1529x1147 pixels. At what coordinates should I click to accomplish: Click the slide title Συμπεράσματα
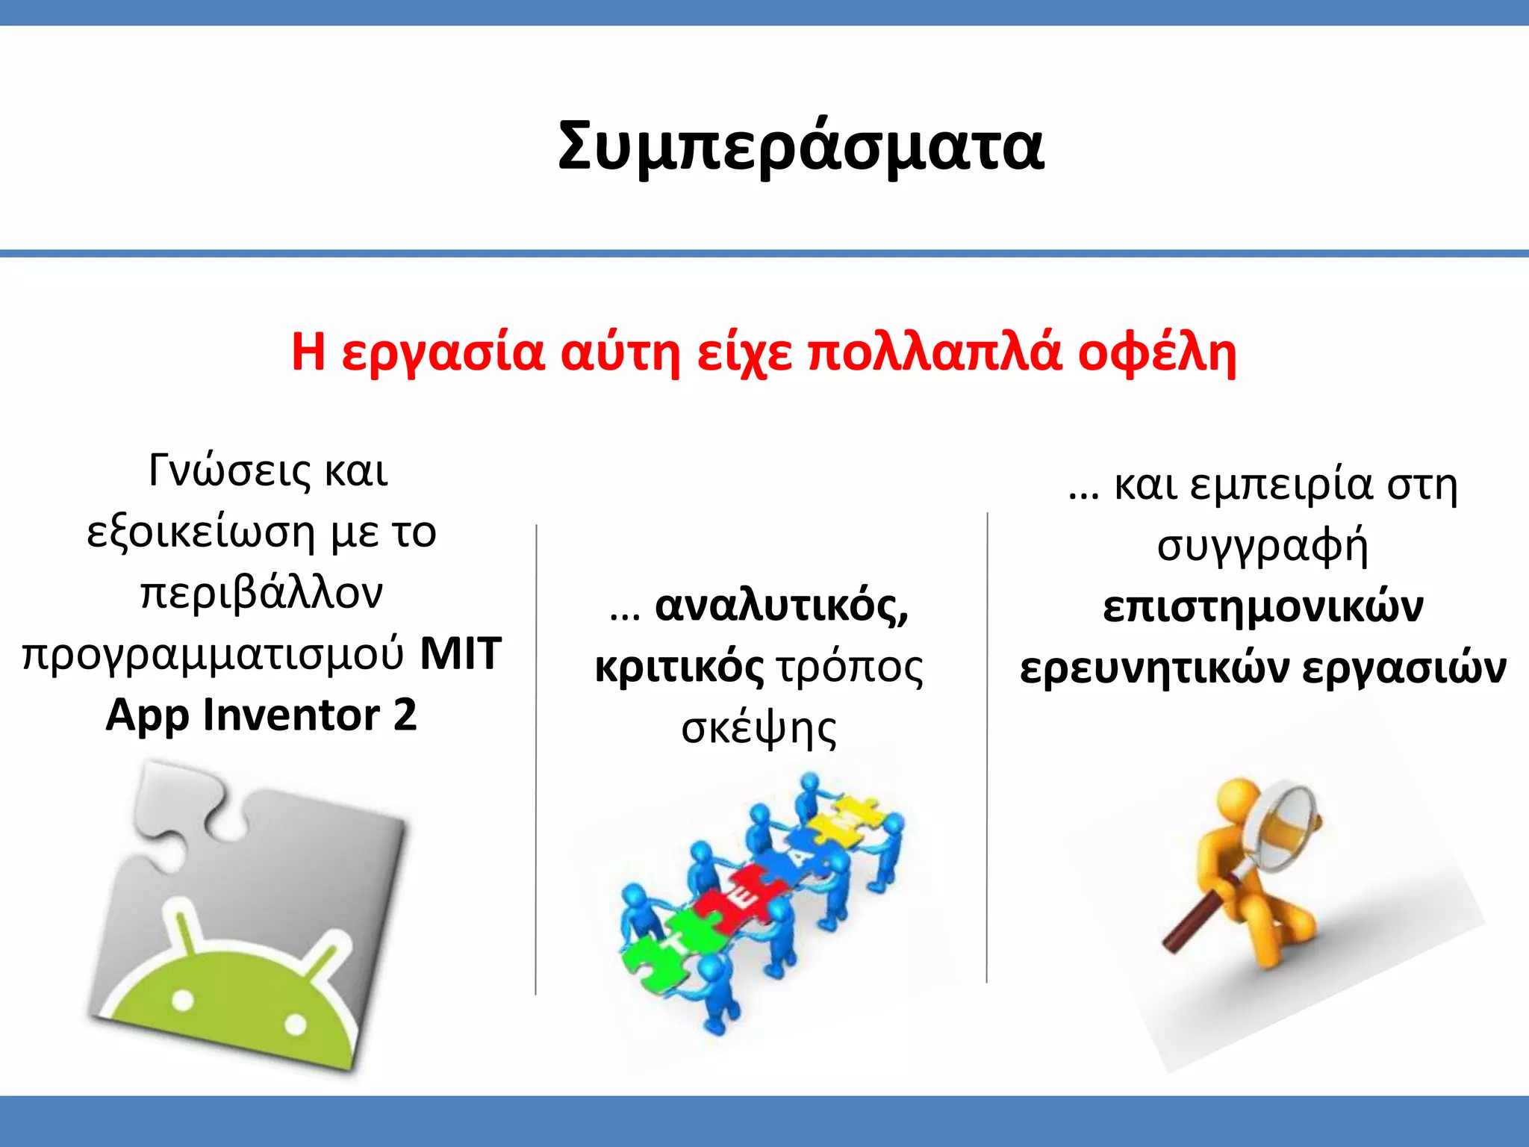tap(800, 146)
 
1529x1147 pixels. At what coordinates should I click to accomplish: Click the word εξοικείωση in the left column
tap(201, 533)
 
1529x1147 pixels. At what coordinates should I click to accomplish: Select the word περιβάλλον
tap(261, 594)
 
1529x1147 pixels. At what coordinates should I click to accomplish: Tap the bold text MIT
tap(461, 654)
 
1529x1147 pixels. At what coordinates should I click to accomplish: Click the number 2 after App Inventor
tap(405, 715)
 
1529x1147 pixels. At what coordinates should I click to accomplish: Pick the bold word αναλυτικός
tap(781, 606)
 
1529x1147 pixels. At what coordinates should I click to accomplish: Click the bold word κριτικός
tap(679, 668)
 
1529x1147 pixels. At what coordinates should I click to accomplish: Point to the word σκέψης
tap(759, 729)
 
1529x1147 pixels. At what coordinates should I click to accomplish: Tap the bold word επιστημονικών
tap(1262, 607)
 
